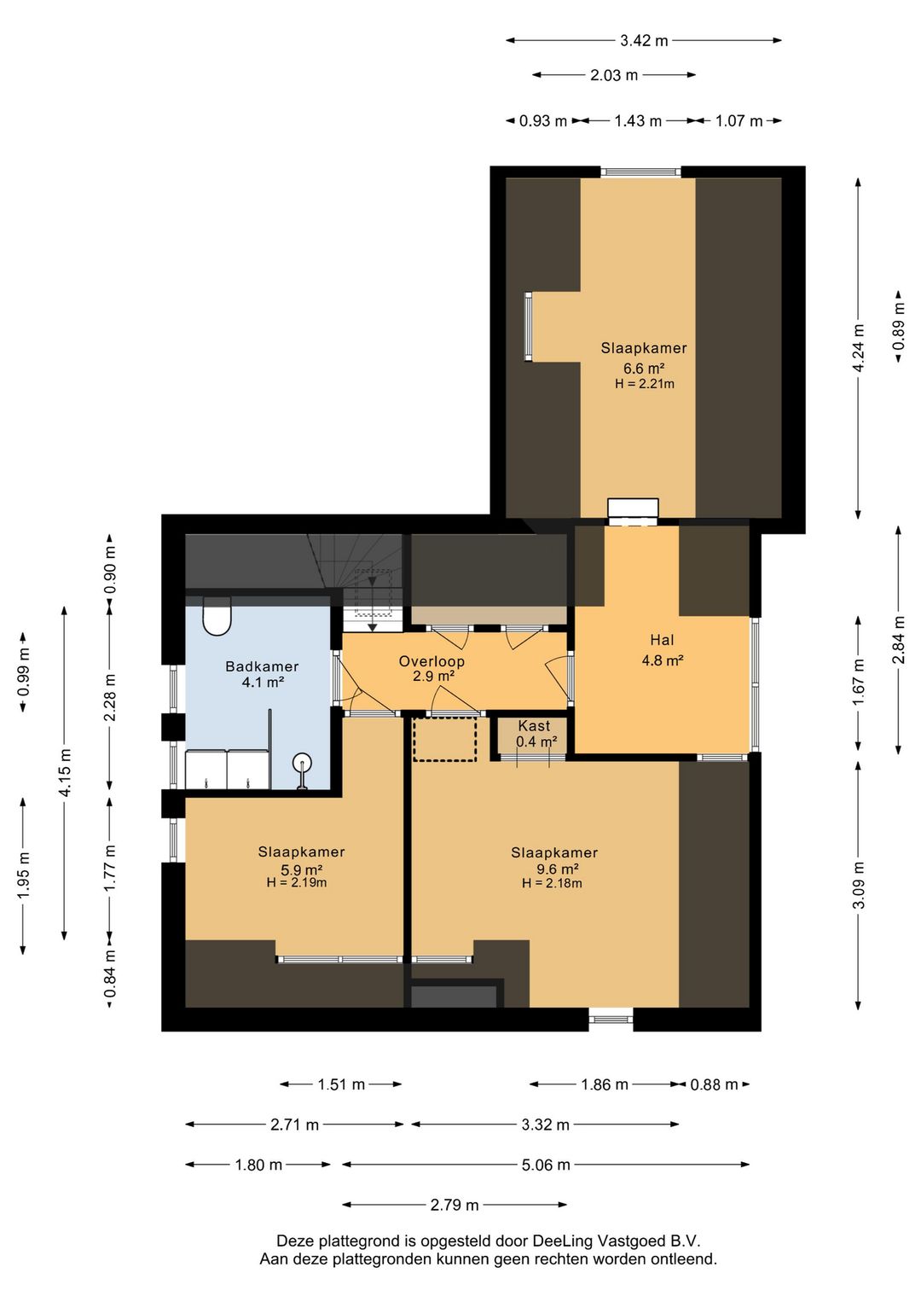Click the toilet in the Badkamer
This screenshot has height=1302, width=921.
pyautogui.click(x=217, y=616)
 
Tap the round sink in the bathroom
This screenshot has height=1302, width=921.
pyautogui.click(x=302, y=763)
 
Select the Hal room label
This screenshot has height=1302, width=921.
pyautogui.click(x=662, y=640)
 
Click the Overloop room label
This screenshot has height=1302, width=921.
pyautogui.click(x=432, y=661)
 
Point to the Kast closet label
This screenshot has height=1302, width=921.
pyautogui.click(x=534, y=725)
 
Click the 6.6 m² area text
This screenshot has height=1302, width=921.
pyautogui.click(x=644, y=368)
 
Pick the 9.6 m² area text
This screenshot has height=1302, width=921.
pyautogui.click(x=557, y=869)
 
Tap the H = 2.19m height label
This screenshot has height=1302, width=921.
pyautogui.click(x=297, y=882)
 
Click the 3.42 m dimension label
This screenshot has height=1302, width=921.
pyautogui.click(x=644, y=41)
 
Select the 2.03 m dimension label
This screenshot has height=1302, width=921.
pyautogui.click(x=614, y=75)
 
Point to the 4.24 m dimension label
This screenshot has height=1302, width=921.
pyautogui.click(x=860, y=349)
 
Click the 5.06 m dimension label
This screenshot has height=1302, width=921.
pyautogui.click(x=546, y=1165)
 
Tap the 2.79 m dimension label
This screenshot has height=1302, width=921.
pyautogui.click(x=455, y=1205)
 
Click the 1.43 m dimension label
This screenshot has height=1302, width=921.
pyautogui.click(x=638, y=121)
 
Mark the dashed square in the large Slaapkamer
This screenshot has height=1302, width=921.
pyautogui.click(x=444, y=739)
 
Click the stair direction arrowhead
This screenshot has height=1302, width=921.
pyautogui.click(x=373, y=627)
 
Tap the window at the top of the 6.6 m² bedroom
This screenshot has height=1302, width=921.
pyautogui.click(x=640, y=172)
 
